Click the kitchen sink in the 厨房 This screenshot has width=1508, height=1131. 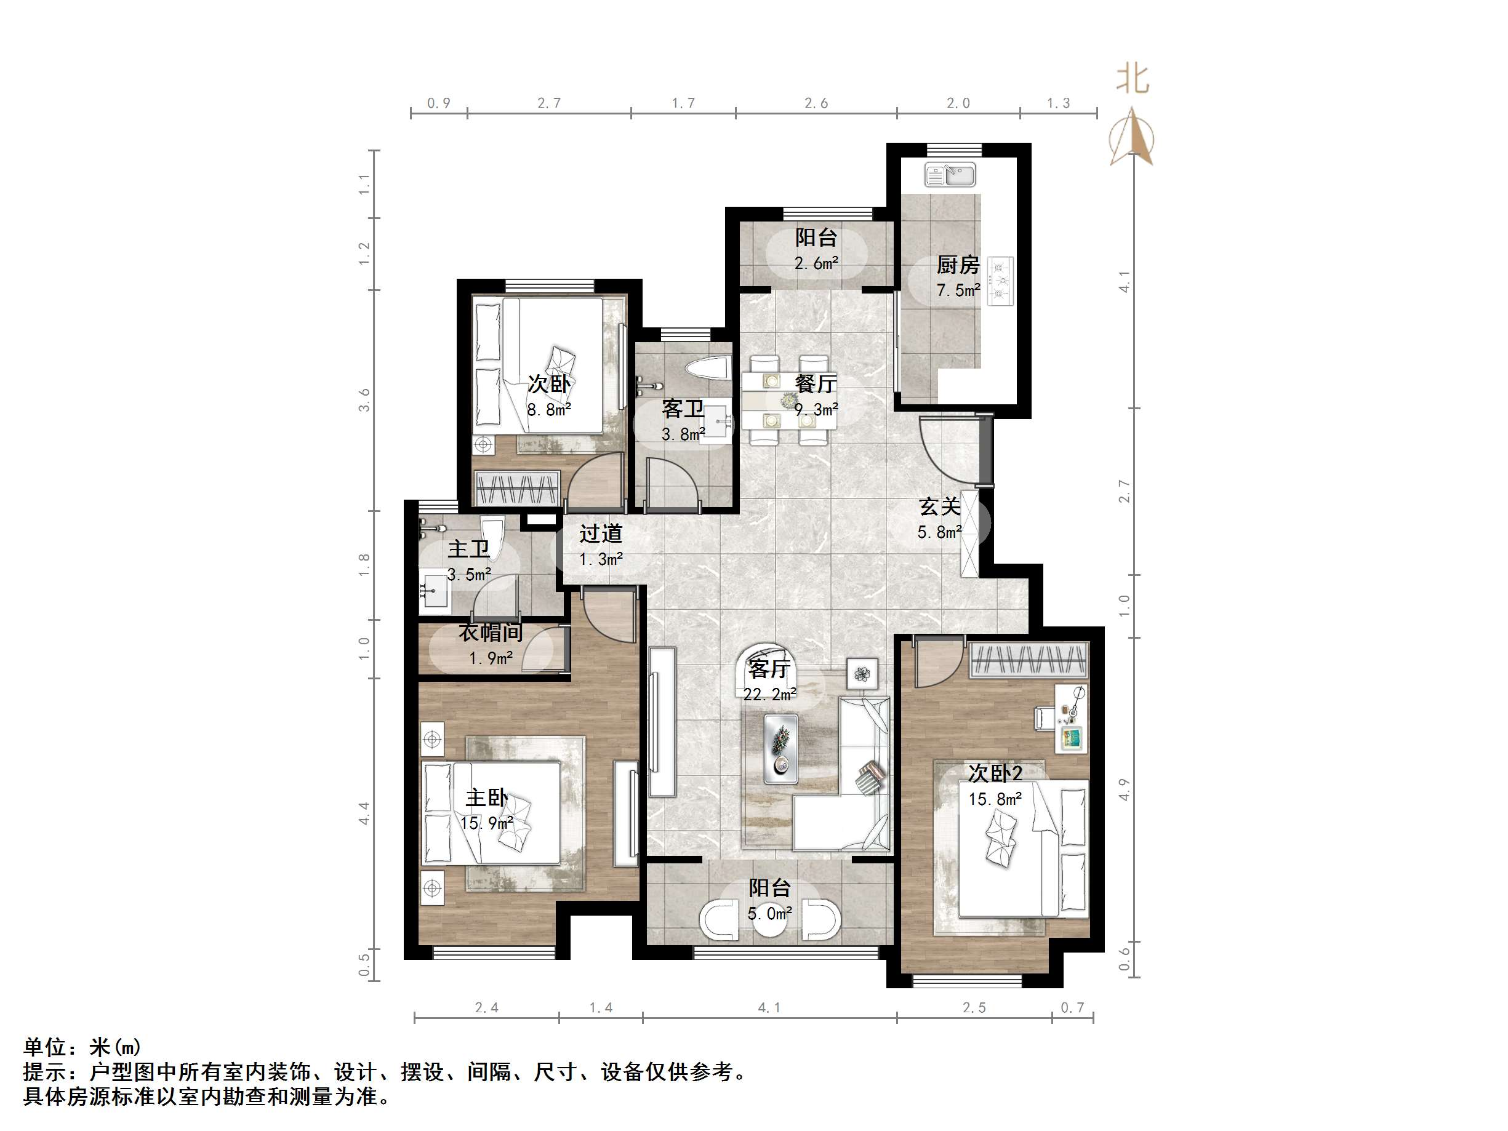tap(950, 175)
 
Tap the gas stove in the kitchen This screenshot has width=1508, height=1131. tap(1001, 281)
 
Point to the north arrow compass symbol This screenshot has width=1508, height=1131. tap(1132, 137)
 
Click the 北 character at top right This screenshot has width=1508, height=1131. tap(1133, 80)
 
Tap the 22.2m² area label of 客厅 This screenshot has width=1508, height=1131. tap(769, 695)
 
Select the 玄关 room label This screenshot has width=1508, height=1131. tap(939, 506)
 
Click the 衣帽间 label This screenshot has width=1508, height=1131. tap(490, 633)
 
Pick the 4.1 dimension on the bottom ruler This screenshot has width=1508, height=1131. tap(769, 1007)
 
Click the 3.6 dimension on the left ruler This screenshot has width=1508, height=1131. tap(365, 399)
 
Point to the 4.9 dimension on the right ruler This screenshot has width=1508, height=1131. tap(1124, 789)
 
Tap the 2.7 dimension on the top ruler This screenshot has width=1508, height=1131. tap(549, 103)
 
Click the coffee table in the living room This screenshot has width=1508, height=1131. tap(781, 748)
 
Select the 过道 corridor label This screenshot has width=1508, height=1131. tap(601, 533)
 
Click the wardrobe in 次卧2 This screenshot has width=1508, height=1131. tap(1028, 660)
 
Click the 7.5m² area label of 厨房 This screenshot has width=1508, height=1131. tap(958, 290)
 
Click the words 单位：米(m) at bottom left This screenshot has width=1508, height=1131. tap(82, 1047)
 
